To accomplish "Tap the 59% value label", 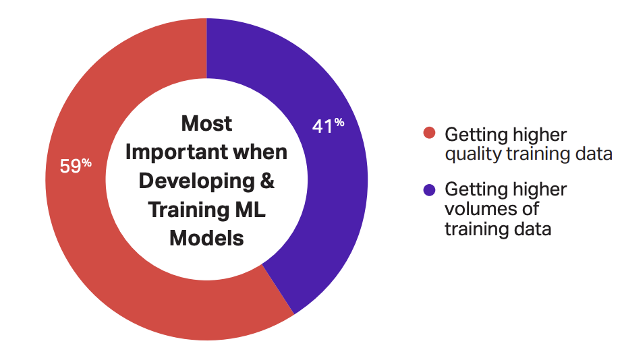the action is tap(76, 166).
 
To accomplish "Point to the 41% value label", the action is tap(328, 125).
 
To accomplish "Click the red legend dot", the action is tap(429, 132).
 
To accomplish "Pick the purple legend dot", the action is tap(429, 190).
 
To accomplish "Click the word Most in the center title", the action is tap(206, 123).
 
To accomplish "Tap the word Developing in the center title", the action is tap(196, 181).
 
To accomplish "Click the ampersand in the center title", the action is tap(267, 181).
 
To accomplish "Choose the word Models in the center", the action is tap(206, 238).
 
